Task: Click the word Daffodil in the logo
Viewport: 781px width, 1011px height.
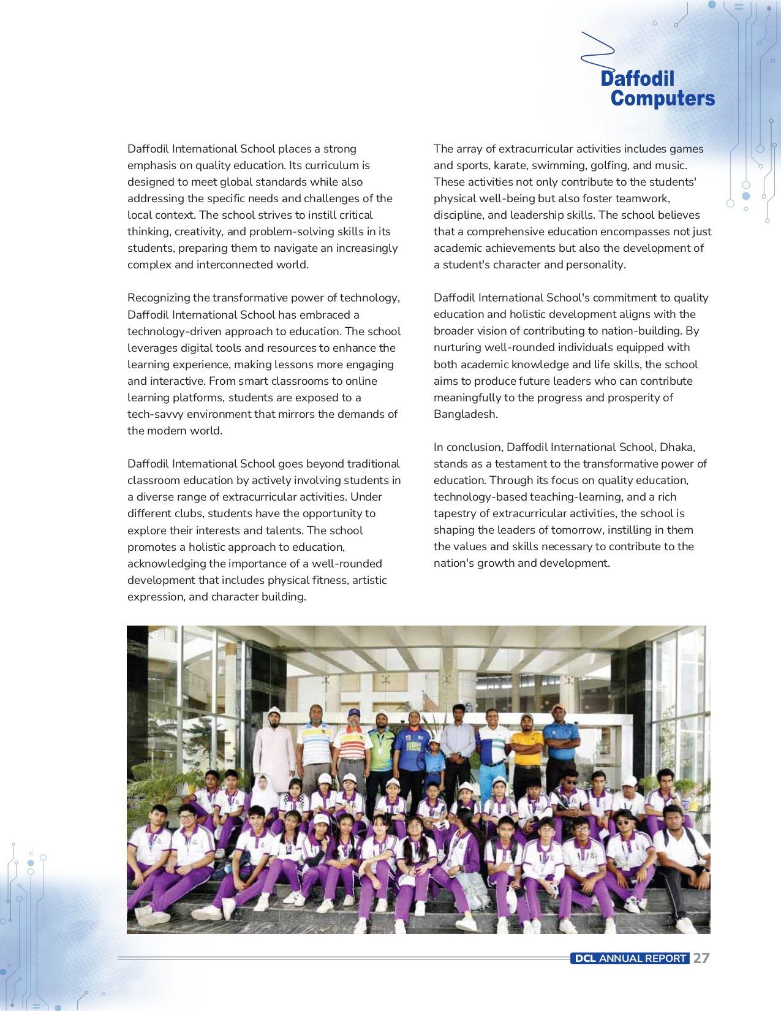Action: point(637,78)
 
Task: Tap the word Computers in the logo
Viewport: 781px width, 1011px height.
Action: point(662,98)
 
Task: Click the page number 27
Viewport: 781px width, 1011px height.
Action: point(701,958)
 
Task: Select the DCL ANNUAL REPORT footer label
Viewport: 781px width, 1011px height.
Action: point(630,958)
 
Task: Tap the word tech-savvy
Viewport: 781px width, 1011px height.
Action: point(156,414)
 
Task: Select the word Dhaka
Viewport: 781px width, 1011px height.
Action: point(677,447)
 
